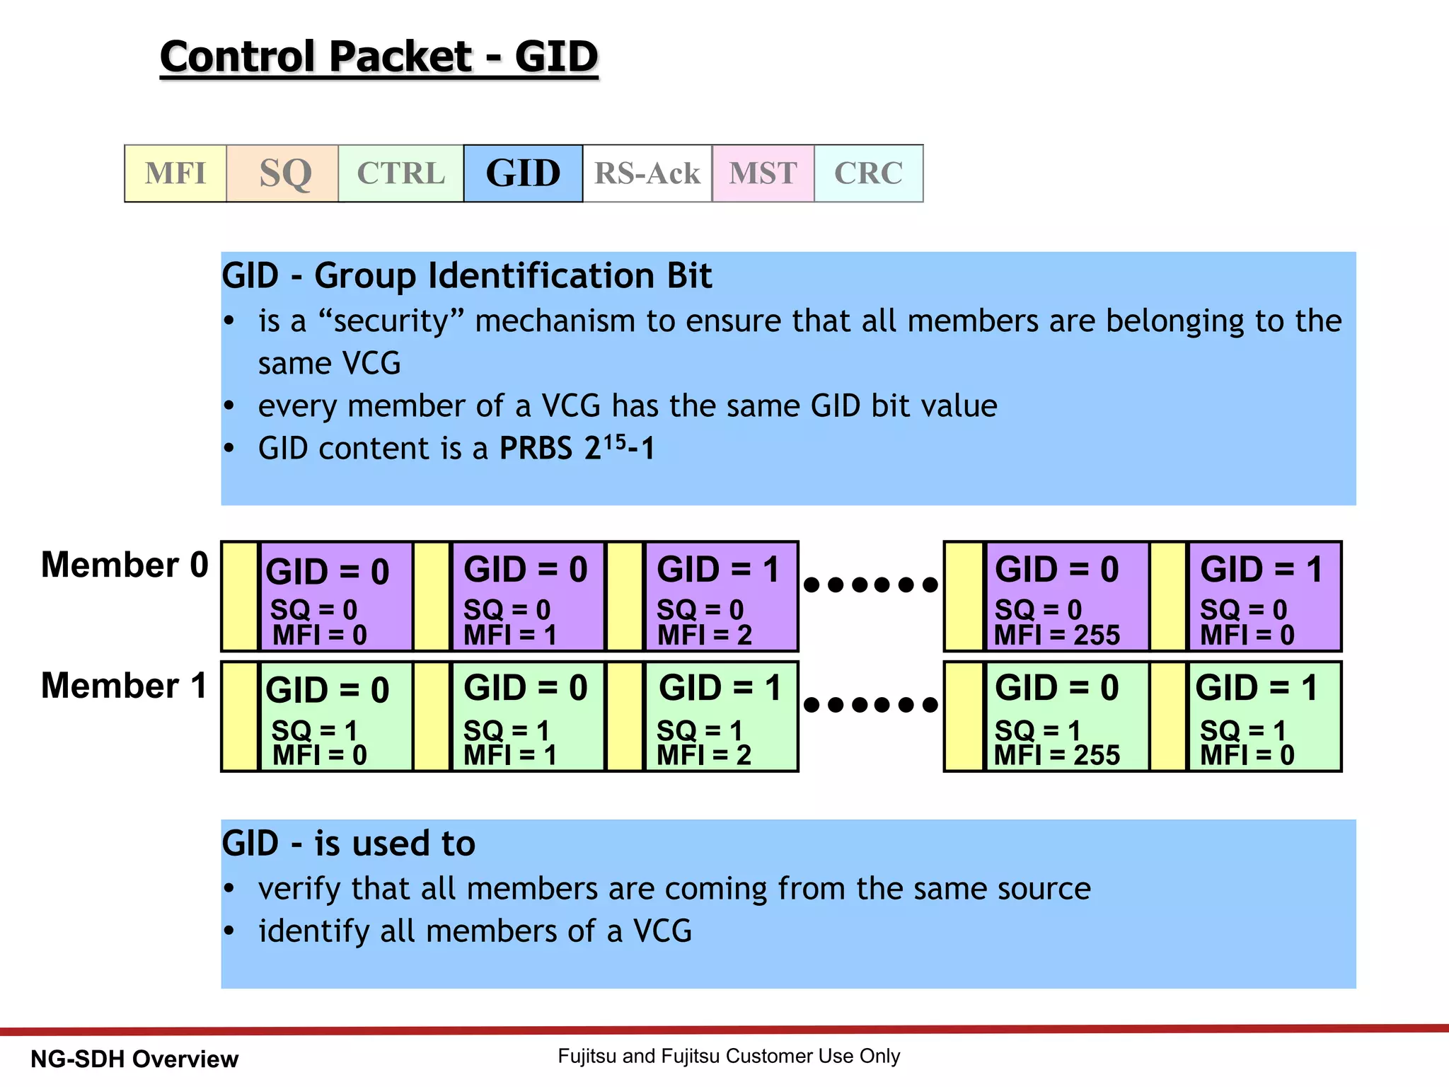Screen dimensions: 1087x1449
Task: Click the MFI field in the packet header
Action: click(x=175, y=173)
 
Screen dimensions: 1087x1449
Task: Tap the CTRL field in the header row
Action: click(x=401, y=173)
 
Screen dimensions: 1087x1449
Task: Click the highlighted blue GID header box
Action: click(x=523, y=173)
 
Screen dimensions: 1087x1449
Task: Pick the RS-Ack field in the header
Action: click(x=647, y=173)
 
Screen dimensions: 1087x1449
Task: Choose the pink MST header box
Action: click(x=763, y=173)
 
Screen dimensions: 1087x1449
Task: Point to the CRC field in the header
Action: click(x=868, y=173)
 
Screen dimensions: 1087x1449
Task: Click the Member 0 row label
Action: click(x=125, y=565)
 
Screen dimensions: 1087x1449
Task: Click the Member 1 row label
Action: click(x=125, y=685)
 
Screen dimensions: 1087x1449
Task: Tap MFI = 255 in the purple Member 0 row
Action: click(x=1056, y=635)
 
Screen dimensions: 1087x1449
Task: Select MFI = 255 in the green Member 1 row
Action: click(x=1056, y=755)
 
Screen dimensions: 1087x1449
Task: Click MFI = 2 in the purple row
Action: click(x=704, y=635)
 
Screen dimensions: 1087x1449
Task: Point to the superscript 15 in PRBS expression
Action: click(x=614, y=442)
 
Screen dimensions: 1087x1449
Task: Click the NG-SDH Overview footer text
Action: click(x=134, y=1059)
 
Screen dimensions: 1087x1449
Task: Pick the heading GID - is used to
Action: click(x=348, y=844)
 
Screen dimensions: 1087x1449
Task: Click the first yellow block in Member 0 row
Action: click(x=240, y=596)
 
